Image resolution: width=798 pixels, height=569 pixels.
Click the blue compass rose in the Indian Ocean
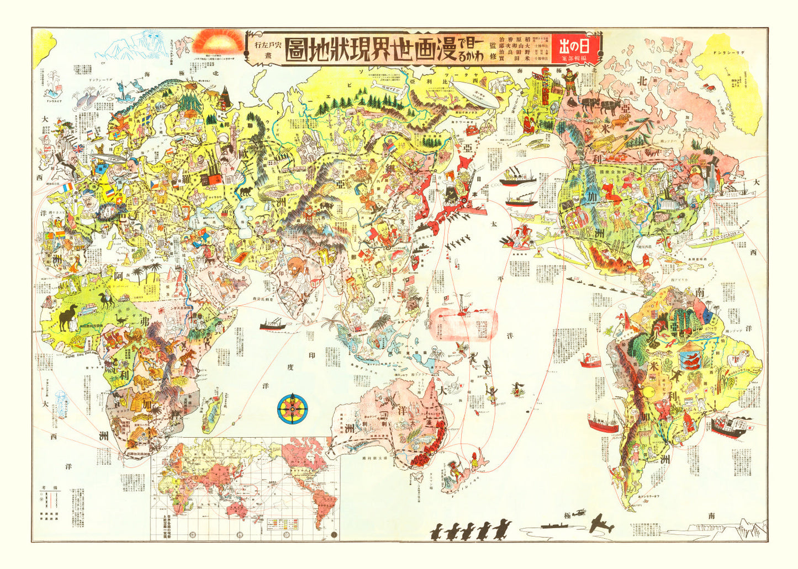293,409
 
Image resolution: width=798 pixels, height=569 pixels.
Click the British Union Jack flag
77,148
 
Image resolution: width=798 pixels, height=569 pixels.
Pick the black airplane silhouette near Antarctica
601,523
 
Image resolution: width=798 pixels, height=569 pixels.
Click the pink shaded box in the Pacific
464,323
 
